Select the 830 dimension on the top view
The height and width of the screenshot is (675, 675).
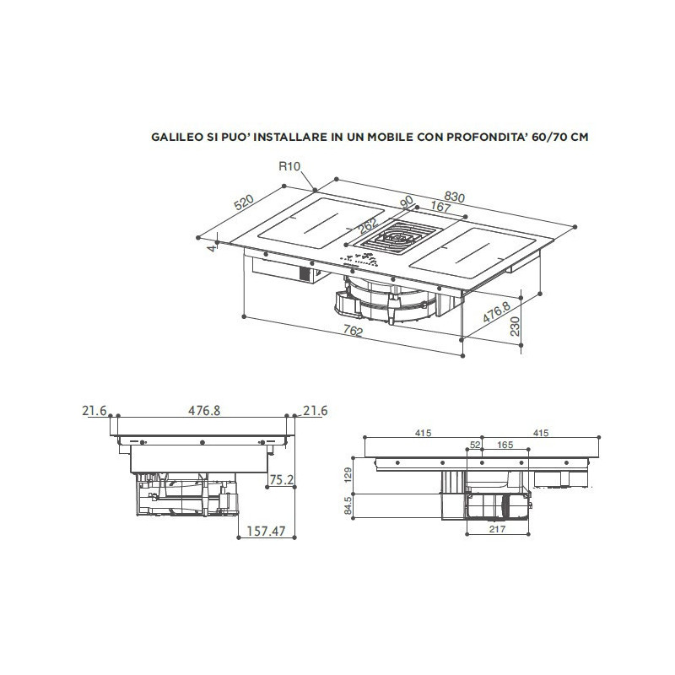click(x=454, y=197)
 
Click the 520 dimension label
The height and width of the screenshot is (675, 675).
click(x=243, y=203)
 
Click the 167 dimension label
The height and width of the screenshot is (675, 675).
click(x=440, y=208)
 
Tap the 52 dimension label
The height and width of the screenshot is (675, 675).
click(x=474, y=444)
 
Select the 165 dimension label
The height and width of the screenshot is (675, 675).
click(x=505, y=444)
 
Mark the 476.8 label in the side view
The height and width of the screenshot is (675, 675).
click(x=204, y=410)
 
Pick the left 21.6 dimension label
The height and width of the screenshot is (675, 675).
click(x=94, y=410)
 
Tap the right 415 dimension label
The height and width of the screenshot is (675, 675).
click(x=541, y=433)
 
